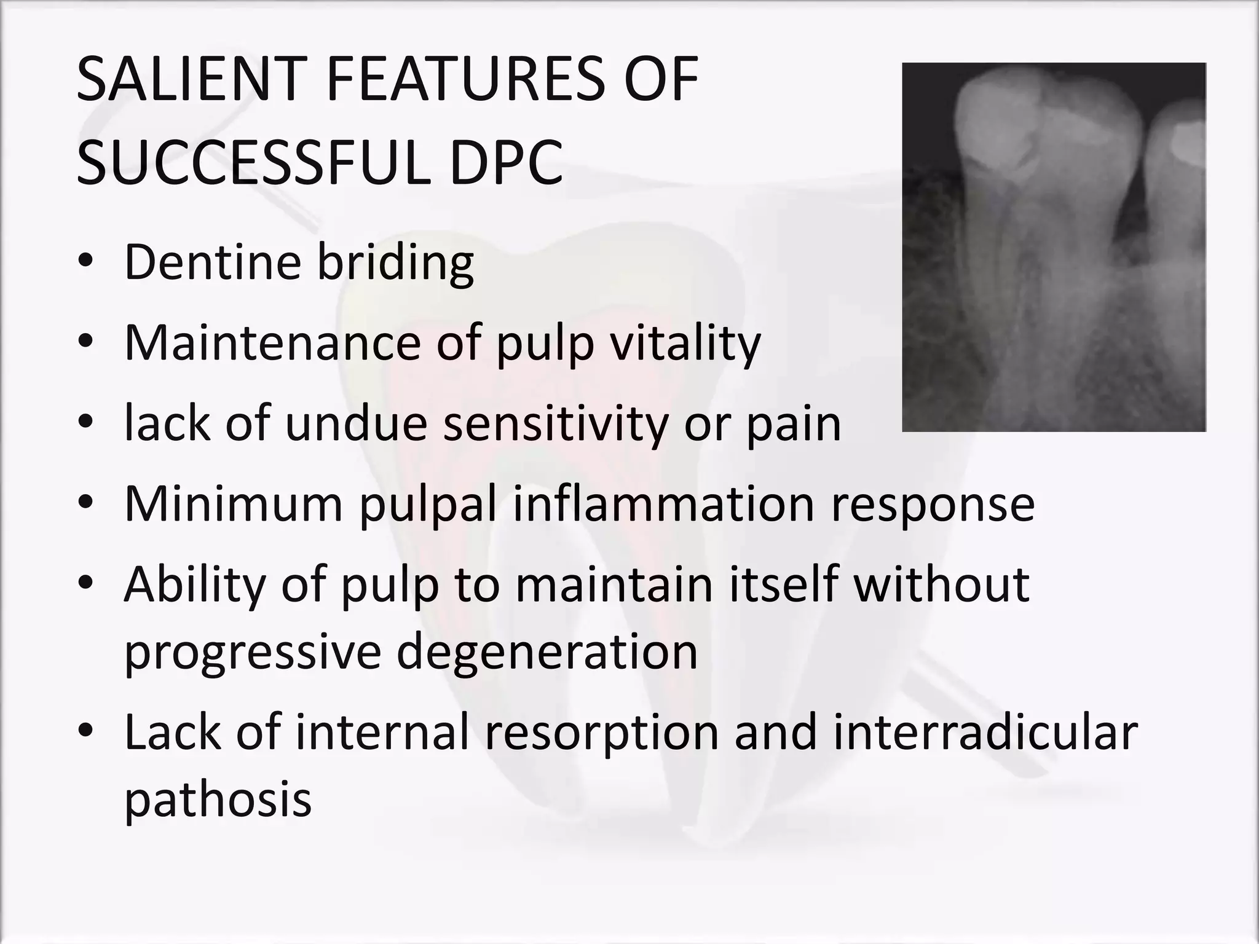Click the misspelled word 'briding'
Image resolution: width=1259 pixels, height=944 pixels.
click(395, 262)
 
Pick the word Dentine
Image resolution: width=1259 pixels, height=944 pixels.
click(211, 262)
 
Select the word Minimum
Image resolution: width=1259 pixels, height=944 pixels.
click(233, 503)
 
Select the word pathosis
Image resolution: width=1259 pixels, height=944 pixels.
click(218, 800)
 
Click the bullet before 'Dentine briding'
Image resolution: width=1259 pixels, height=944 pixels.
click(85, 262)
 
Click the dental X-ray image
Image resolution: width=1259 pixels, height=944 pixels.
click(1054, 247)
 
